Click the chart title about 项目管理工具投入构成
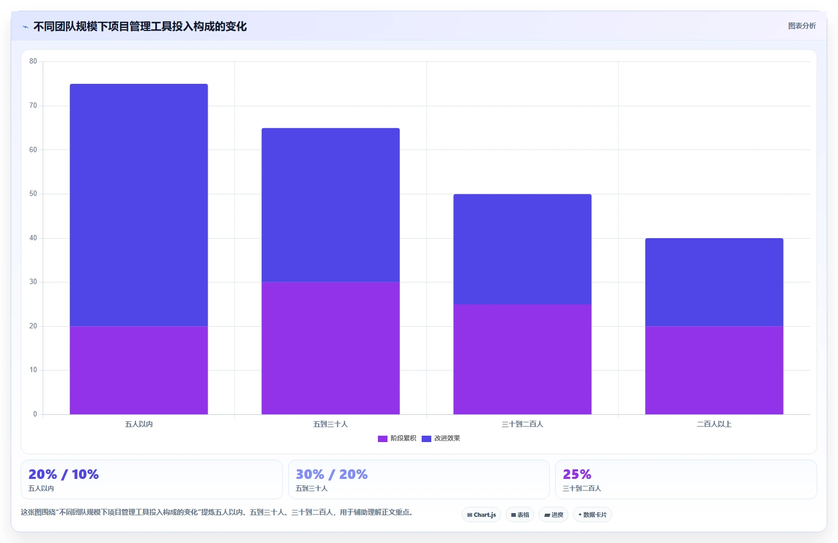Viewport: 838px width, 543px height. point(140,27)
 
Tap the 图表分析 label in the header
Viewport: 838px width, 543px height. point(802,26)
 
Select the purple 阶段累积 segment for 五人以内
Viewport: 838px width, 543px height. point(139,370)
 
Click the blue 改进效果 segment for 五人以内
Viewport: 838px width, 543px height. point(139,205)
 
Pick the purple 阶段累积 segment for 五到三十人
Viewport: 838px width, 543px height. point(330,348)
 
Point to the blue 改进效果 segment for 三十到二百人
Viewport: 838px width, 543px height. point(522,249)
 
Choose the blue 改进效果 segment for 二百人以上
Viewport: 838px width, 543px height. point(714,282)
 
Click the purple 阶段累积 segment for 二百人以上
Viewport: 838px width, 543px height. point(714,370)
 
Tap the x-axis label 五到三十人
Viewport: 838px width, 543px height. point(330,424)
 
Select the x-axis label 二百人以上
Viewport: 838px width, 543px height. point(714,424)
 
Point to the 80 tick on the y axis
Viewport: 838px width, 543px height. point(33,61)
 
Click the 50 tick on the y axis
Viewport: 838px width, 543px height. point(33,193)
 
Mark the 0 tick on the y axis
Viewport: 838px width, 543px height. point(35,414)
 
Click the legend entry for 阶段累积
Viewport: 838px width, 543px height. point(397,438)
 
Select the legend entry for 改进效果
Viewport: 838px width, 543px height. point(441,438)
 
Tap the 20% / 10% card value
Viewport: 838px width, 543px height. point(64,474)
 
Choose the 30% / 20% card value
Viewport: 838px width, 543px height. point(332,474)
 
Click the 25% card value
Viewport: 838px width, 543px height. point(577,474)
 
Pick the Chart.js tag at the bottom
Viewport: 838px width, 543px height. point(481,515)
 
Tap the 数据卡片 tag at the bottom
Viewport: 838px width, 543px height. point(592,515)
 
